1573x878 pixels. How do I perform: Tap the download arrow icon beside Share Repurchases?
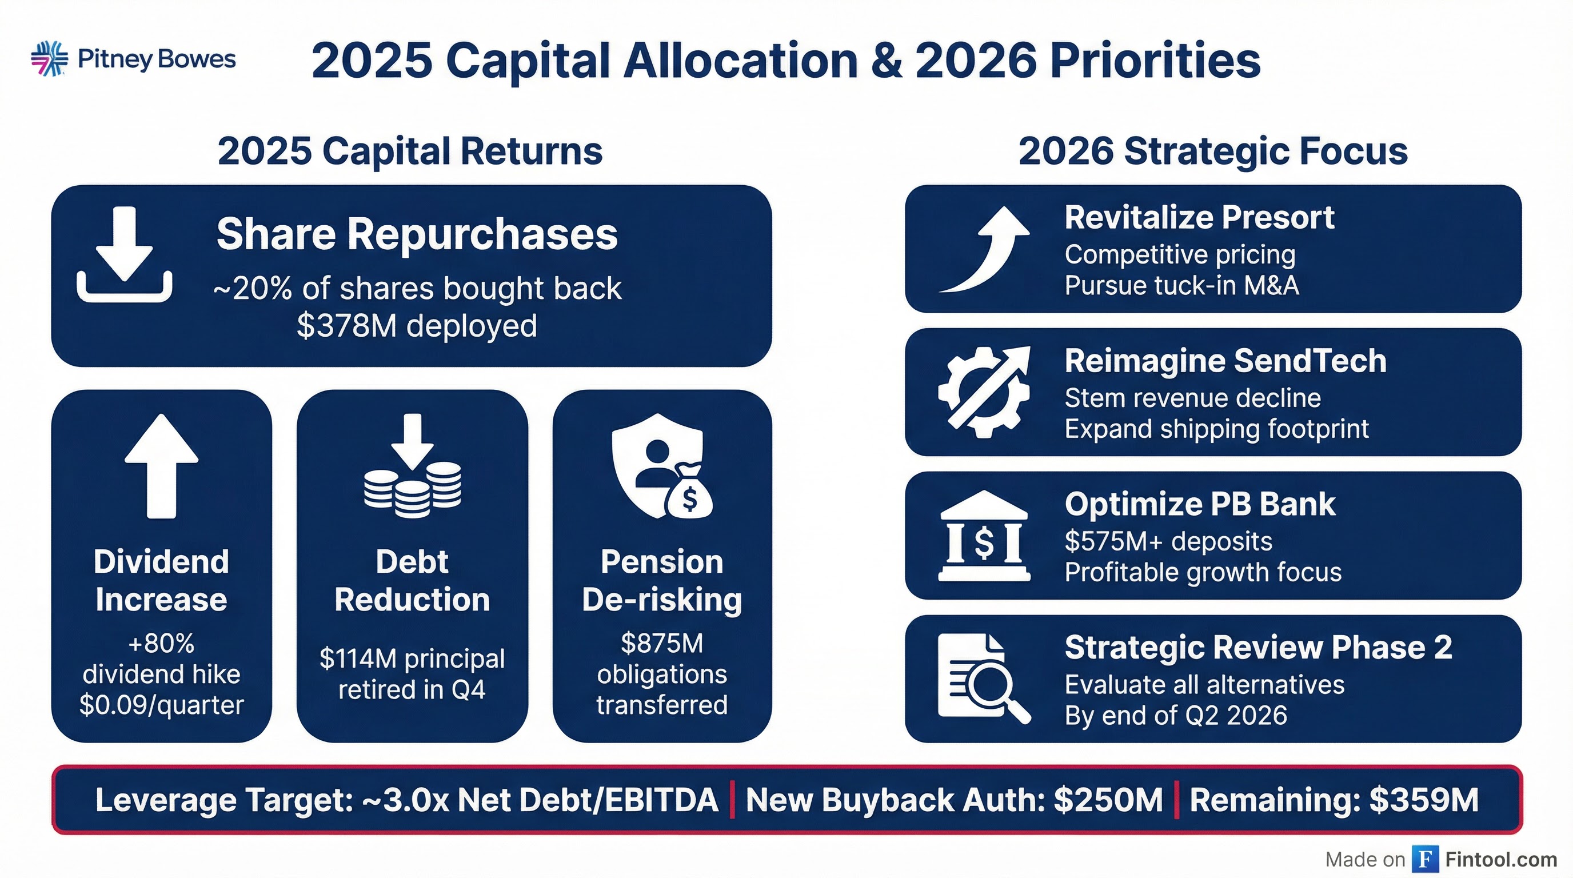(125, 254)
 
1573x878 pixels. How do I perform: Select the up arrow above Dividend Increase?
(161, 465)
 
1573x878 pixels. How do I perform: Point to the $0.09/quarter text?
(161, 705)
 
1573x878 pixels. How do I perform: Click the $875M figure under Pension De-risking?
(662, 644)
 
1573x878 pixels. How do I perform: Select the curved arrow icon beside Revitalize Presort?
(985, 250)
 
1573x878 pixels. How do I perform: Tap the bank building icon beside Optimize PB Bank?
(984, 536)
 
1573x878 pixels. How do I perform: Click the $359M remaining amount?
(1423, 800)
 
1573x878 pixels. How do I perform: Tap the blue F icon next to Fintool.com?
(1424, 860)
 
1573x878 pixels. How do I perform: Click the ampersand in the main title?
(886, 61)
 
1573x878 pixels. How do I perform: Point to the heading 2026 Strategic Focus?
(1213, 151)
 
